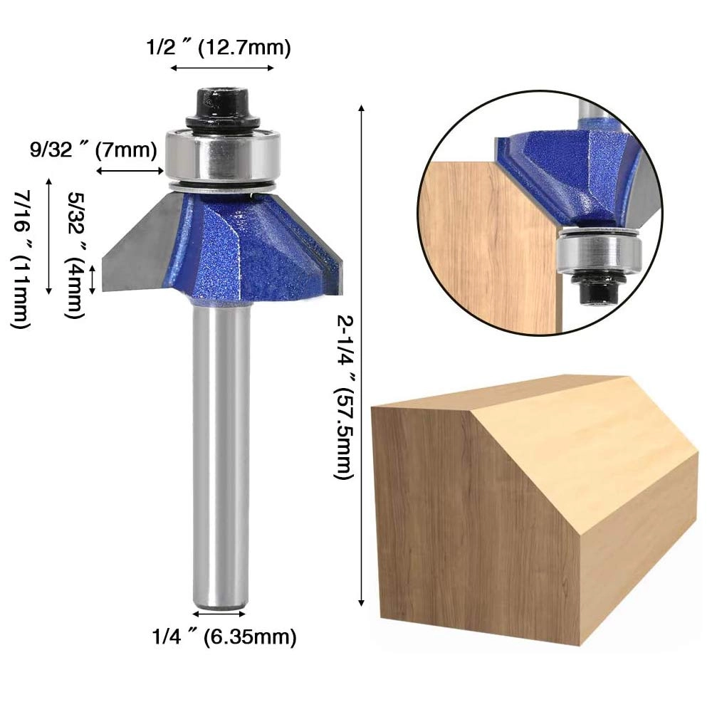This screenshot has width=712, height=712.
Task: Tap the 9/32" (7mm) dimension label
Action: tap(93, 150)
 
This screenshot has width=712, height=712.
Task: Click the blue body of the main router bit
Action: tap(235, 249)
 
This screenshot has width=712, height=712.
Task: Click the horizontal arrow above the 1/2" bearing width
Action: tap(222, 68)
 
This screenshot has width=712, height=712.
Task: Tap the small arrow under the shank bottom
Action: tap(220, 613)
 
